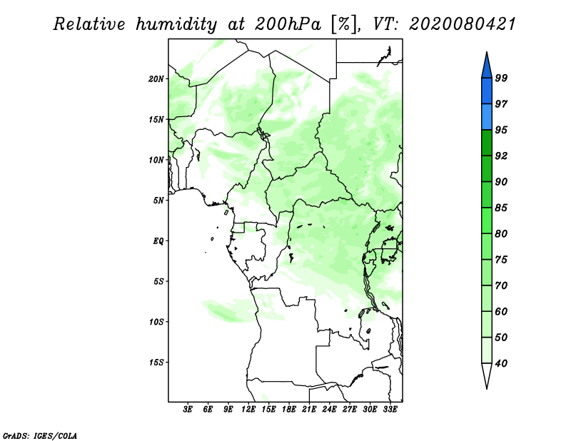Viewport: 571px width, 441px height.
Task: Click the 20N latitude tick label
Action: [156, 79]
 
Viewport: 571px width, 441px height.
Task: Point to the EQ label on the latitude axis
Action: [158, 241]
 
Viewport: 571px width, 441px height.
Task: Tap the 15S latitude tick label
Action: [156, 363]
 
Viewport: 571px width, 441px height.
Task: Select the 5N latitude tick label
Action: [158, 201]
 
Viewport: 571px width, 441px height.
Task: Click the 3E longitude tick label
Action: [188, 410]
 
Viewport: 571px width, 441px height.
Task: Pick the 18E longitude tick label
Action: [289, 410]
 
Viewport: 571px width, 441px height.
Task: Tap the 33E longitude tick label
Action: [390, 410]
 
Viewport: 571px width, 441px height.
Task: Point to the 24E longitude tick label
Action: [329, 410]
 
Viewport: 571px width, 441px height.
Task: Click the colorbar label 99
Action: [501, 78]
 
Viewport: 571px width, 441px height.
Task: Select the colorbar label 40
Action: [501, 363]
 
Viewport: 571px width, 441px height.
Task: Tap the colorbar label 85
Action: [501, 208]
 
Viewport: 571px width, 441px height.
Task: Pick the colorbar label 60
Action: [501, 311]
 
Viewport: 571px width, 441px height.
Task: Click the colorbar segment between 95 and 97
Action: [487, 117]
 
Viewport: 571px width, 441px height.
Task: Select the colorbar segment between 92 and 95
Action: [487, 143]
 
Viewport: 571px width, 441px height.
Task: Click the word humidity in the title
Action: [177, 24]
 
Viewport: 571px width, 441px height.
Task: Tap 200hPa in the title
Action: [288, 24]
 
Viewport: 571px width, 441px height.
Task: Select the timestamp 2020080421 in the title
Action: [463, 24]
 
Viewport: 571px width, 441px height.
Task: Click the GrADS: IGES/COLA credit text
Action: [40, 436]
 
